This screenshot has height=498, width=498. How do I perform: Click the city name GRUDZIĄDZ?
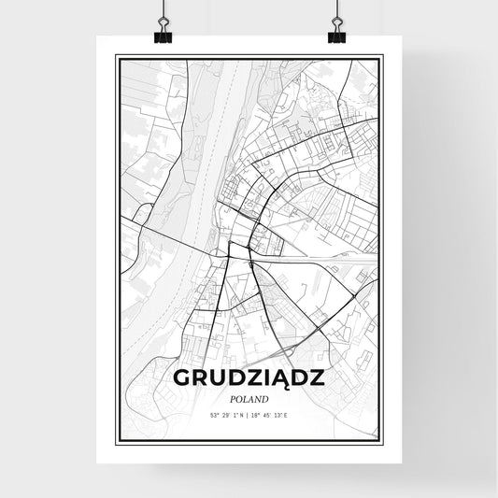click(249, 379)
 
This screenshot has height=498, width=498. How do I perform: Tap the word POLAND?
click(249, 399)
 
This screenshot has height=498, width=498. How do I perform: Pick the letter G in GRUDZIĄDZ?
click(183, 379)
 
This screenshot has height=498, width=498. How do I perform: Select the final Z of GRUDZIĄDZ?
click(317, 379)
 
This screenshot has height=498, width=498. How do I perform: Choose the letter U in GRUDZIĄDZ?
click(218, 379)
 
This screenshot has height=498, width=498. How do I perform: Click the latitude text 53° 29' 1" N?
click(224, 415)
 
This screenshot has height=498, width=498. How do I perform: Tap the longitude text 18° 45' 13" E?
click(276, 415)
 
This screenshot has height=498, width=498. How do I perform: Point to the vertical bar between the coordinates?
click(249, 415)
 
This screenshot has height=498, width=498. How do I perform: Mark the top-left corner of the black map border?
click(117, 57)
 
